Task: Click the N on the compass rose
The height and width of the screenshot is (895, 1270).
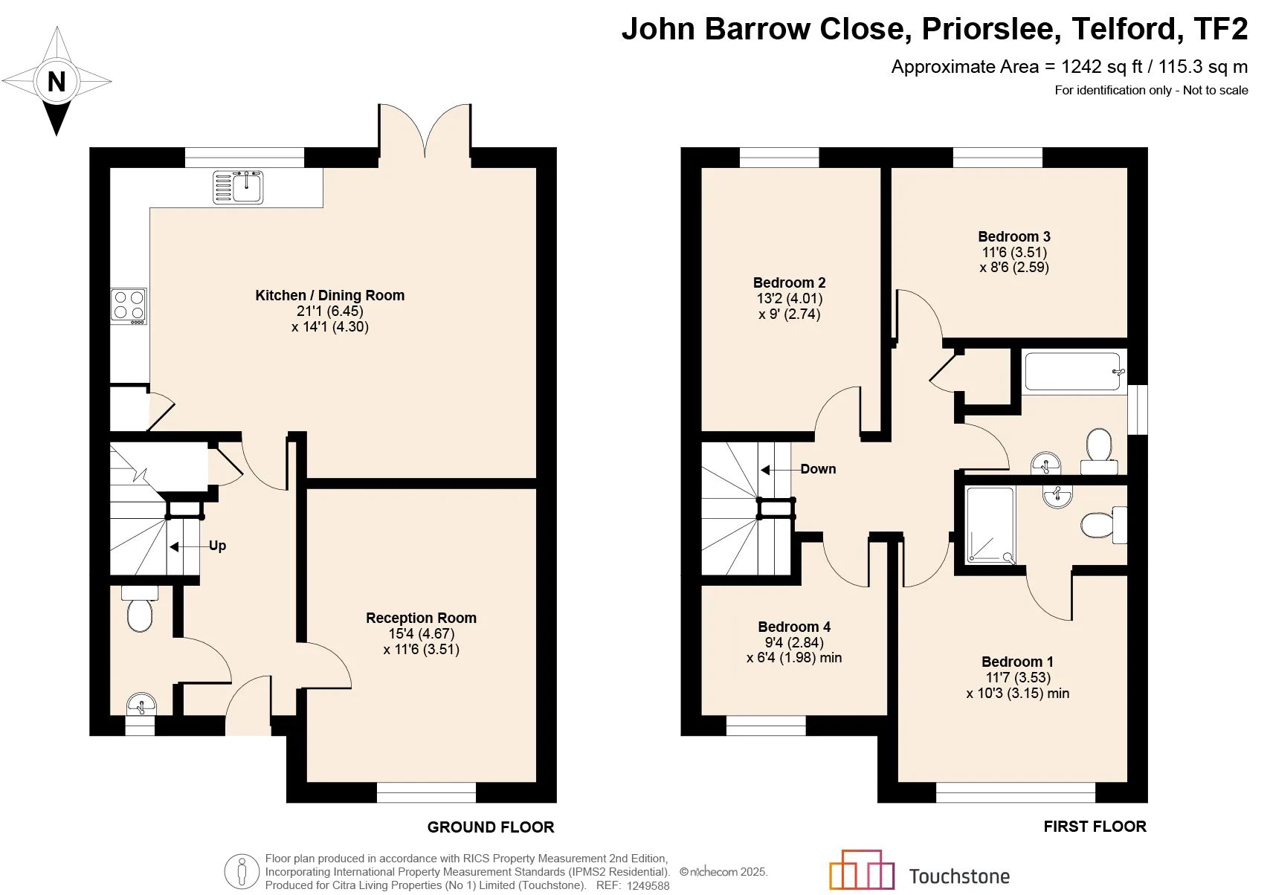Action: tap(56, 82)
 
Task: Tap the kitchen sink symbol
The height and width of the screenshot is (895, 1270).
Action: tap(238, 187)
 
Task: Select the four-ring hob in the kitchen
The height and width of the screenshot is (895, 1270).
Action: tap(129, 307)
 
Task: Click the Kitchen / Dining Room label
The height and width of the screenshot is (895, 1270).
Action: tap(329, 295)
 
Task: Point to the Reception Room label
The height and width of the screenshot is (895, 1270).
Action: tap(422, 618)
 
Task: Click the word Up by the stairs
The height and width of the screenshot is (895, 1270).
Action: tap(218, 546)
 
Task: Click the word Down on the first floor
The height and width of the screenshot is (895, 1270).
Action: tap(818, 469)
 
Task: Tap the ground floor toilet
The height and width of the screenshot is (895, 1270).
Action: tap(140, 609)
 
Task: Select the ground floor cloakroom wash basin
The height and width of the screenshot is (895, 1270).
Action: tap(141, 705)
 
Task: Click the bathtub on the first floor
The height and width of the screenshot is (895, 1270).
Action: tap(1073, 372)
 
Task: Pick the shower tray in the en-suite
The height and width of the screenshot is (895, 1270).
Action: tap(990, 525)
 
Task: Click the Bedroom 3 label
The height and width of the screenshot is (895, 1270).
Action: tap(1014, 236)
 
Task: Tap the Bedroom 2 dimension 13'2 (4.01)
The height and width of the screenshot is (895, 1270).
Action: tap(789, 298)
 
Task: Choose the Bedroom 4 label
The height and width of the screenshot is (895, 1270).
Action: tap(794, 627)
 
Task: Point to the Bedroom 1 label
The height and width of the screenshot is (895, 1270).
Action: tap(1018, 662)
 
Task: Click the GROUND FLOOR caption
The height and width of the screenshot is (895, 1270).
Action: tap(491, 827)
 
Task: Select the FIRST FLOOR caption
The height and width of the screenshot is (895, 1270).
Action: tap(1095, 827)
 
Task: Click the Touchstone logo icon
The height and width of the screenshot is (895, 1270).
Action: tap(862, 870)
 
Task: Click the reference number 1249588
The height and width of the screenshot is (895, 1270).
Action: tap(648, 885)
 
